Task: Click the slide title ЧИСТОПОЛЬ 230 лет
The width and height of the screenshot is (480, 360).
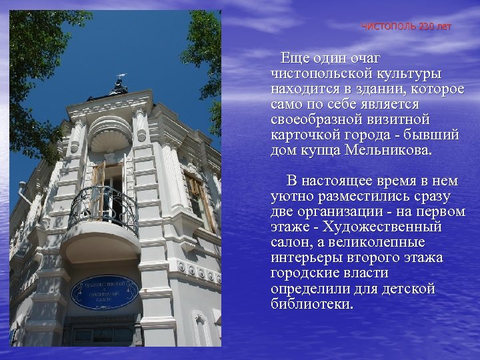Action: pos(406,27)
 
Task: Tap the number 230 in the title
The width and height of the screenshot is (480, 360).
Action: pos(427,27)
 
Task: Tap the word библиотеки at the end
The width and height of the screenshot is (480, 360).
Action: pos(312,304)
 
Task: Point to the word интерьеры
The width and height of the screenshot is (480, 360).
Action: pos(307,258)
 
